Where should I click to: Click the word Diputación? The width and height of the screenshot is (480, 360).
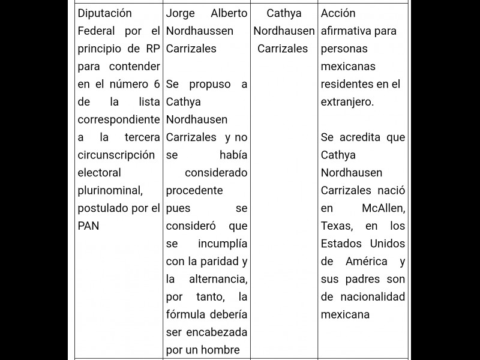105,13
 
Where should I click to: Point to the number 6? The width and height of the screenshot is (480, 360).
157,83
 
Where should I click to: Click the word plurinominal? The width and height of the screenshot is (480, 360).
110,190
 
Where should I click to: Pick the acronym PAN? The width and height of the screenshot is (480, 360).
89,226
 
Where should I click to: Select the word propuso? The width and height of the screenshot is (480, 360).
209,84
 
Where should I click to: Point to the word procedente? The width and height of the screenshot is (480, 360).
194,190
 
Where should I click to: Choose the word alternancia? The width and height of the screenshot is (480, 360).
217,279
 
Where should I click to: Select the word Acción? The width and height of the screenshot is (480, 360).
338,13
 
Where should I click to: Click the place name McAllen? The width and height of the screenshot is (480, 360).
383,208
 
